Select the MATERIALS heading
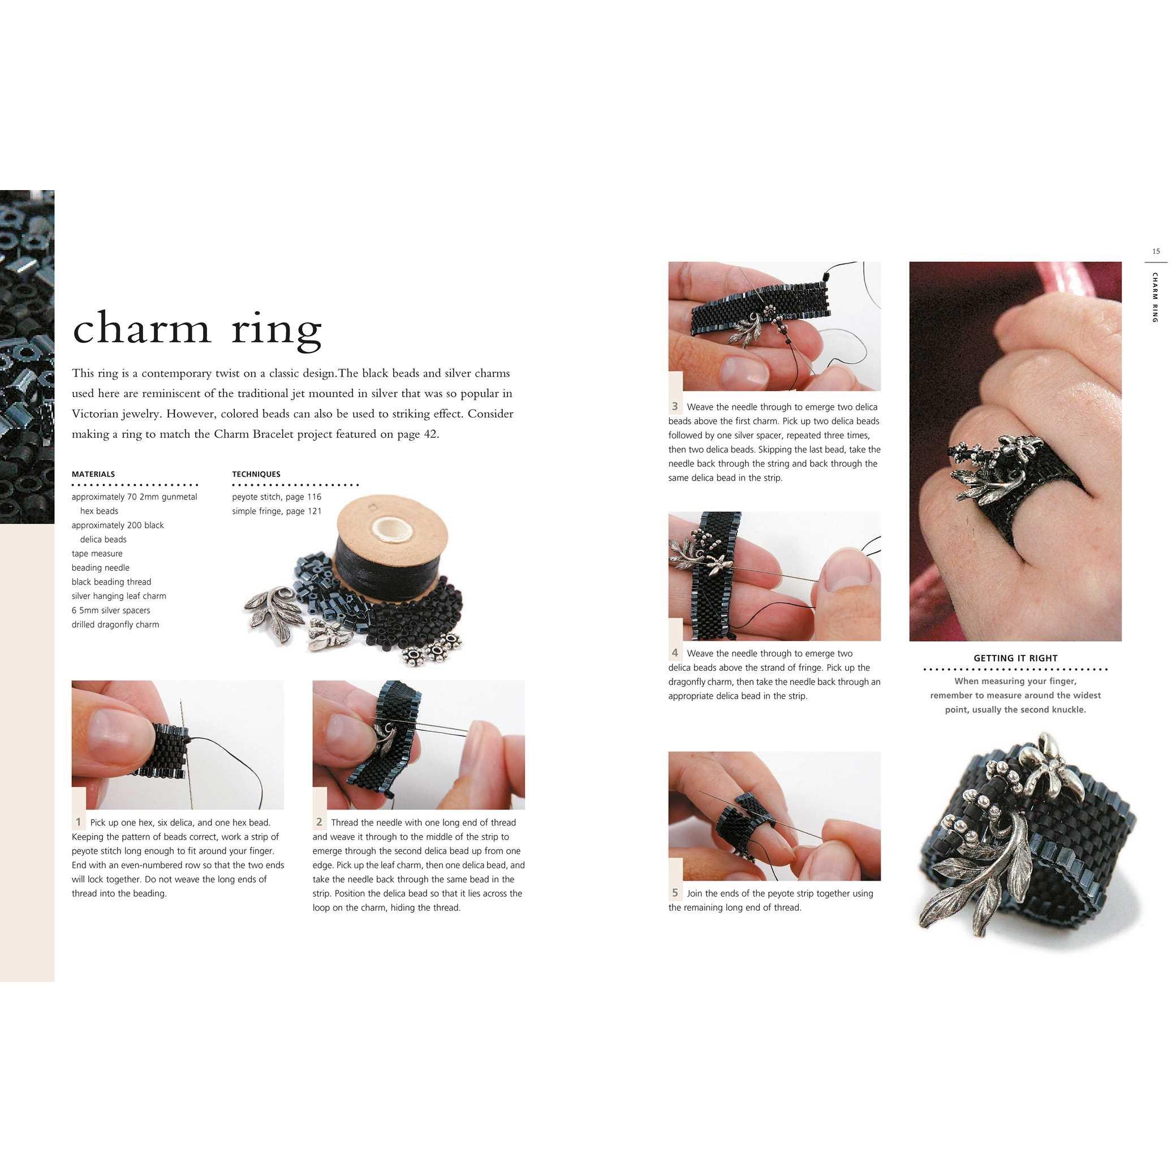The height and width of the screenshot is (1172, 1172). coord(93,475)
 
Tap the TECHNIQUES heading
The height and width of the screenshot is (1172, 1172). coord(256,475)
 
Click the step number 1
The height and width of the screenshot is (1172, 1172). coord(78,822)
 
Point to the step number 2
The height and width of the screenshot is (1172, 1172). coord(319,822)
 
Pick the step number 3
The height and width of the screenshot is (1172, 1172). coord(675,407)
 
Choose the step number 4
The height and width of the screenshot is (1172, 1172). coord(675,653)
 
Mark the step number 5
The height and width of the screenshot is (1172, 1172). coord(675,893)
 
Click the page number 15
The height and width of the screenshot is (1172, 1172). coord(1156,251)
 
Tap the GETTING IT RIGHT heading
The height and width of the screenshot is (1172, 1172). coord(1015,658)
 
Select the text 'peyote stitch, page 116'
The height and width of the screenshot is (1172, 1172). coord(277,497)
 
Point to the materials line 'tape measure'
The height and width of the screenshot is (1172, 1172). coord(97,554)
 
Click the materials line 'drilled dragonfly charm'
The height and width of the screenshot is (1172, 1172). coord(115,625)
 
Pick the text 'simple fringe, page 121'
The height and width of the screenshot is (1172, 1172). coord(277,511)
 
